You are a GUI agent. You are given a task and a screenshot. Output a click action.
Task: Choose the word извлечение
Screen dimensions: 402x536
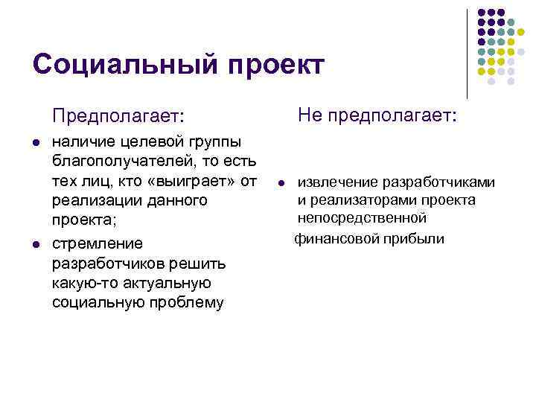pos(338,182)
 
